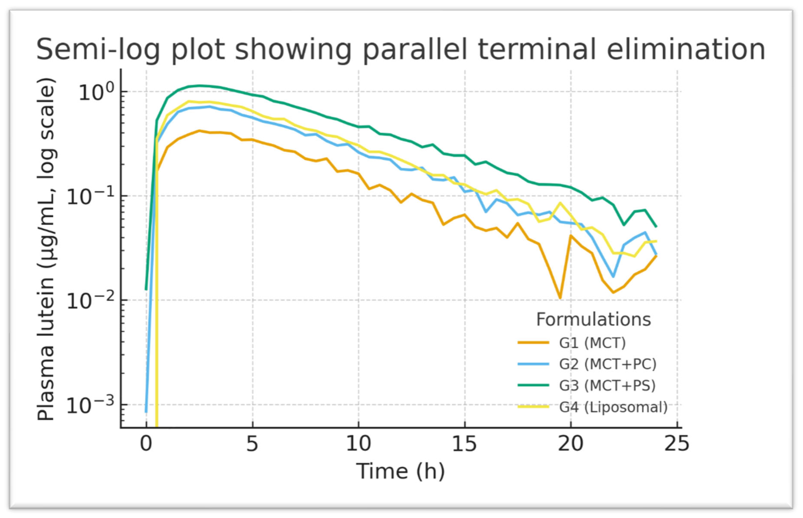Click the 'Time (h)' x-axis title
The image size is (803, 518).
point(400,471)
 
